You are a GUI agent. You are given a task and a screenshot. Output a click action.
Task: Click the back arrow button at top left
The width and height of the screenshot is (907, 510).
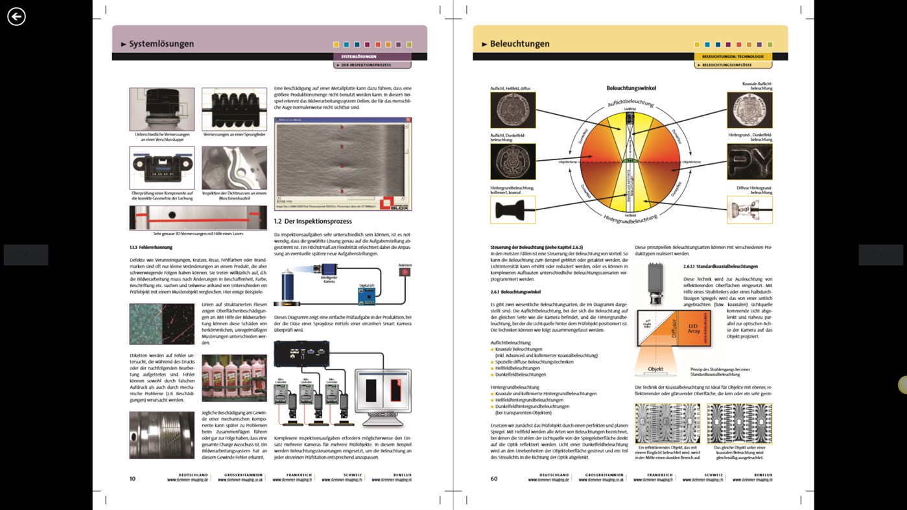coord(16,16)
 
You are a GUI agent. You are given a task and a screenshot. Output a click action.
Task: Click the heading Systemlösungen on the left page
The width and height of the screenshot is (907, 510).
coord(161,44)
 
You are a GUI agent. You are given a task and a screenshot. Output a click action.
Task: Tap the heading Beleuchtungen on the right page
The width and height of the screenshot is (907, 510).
coord(519,44)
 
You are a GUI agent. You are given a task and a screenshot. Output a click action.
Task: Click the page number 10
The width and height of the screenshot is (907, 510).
coord(132,478)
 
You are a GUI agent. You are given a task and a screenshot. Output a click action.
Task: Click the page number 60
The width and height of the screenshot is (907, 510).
coord(494,478)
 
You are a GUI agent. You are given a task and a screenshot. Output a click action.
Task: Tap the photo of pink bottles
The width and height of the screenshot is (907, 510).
coord(234,378)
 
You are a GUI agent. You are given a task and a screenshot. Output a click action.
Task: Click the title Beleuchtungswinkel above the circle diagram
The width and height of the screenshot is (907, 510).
coord(631,87)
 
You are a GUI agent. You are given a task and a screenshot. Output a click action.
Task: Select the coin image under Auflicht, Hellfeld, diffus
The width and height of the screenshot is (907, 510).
coord(513,110)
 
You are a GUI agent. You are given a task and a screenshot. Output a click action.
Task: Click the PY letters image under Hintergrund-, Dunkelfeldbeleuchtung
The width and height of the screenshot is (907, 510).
coord(749,161)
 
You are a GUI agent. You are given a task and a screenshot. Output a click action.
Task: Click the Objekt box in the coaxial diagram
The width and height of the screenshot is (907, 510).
coord(655,369)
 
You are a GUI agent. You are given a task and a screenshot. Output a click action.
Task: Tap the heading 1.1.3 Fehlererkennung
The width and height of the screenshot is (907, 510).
coord(150,247)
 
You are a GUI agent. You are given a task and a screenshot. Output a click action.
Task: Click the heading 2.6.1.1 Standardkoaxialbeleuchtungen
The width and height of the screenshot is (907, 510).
coord(720,266)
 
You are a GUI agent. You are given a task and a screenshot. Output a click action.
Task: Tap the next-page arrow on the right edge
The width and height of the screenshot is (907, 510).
coord(880,255)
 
